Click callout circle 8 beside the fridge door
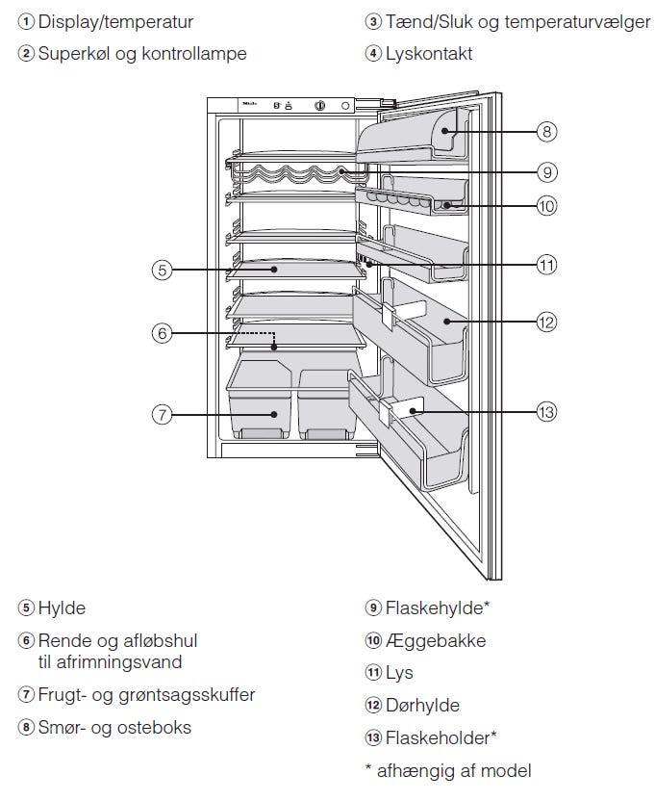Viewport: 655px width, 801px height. (x=546, y=132)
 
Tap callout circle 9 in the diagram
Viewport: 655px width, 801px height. (x=546, y=172)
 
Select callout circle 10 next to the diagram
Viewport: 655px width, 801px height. (x=546, y=206)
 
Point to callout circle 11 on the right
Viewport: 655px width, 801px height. (x=546, y=265)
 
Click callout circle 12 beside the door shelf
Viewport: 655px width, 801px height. (x=546, y=323)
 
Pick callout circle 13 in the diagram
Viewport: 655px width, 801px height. (x=546, y=412)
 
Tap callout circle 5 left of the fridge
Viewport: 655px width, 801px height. (x=162, y=271)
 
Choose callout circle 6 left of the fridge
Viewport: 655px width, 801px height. (x=162, y=333)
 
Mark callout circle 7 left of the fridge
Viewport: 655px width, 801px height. (x=162, y=414)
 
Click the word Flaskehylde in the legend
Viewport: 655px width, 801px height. (x=434, y=607)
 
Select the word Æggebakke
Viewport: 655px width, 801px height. (x=436, y=640)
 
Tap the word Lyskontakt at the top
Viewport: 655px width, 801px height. (x=429, y=54)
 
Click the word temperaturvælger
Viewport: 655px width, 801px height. (x=577, y=22)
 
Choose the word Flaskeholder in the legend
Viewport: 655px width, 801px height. (x=438, y=737)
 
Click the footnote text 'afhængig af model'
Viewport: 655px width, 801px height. (x=454, y=771)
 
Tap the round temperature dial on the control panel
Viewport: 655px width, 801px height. (x=319, y=106)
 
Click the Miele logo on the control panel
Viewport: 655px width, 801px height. (x=250, y=104)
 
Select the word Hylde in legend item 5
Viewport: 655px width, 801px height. (x=62, y=607)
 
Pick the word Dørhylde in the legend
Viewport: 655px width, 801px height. (x=422, y=706)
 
